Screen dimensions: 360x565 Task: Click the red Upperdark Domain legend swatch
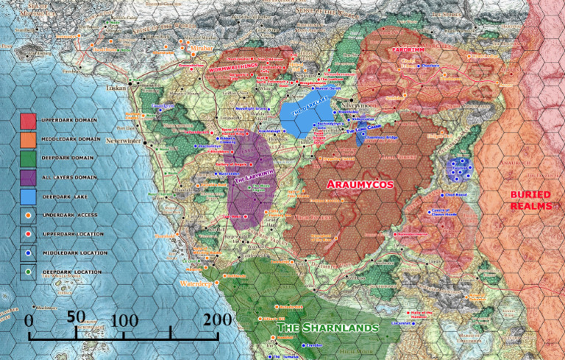[28, 120]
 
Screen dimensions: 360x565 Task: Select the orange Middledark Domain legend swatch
[28, 139]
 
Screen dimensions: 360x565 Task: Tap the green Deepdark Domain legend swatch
[28, 158]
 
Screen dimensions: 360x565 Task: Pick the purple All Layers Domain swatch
[28, 177]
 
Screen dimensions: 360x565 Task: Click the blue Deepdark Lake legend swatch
[28, 197]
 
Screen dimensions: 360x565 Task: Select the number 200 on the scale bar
[217, 319]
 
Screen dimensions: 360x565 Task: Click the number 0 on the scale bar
[29, 321]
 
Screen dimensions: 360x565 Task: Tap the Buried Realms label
[530, 200]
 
